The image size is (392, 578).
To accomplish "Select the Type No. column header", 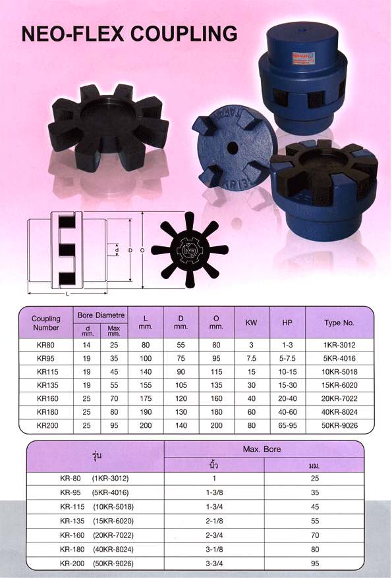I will click(x=339, y=323).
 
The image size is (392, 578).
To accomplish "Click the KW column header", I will click(x=251, y=323).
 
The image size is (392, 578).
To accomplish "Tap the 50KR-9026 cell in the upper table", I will click(x=339, y=426).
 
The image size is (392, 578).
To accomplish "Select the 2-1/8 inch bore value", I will click(x=213, y=521).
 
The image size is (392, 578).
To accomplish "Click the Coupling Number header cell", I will click(x=46, y=323).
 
